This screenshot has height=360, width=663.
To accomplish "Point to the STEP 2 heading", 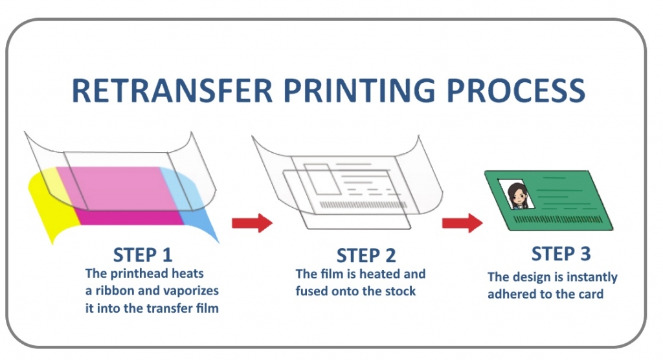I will point(366,255).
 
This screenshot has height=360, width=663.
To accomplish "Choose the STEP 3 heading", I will point(561,253).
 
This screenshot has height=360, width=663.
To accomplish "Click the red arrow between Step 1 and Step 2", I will point(252,223).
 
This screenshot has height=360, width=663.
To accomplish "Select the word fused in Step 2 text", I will point(313,291).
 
